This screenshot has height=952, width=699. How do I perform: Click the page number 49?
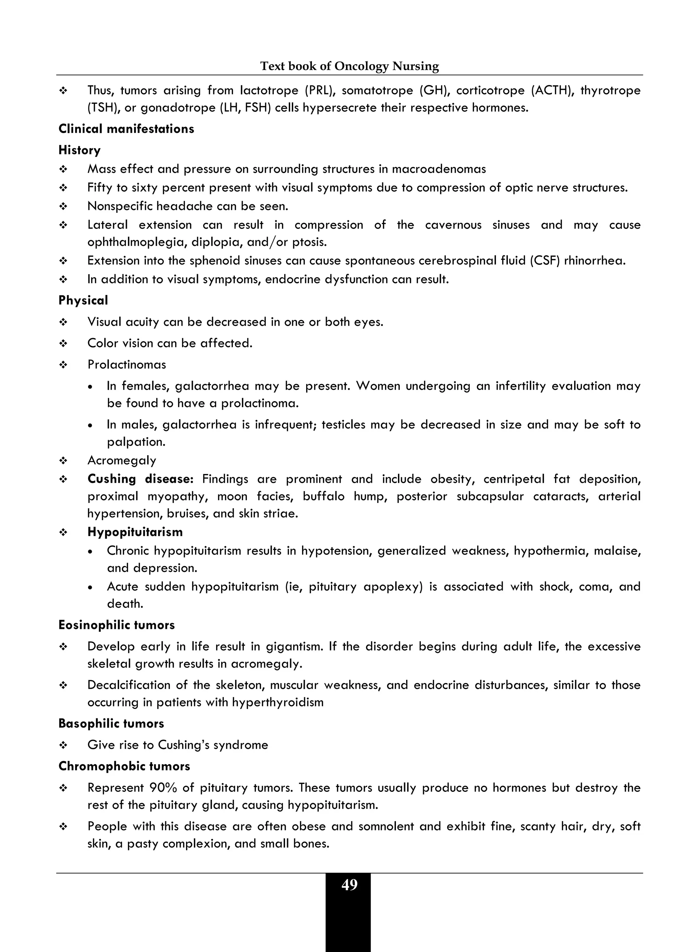click(x=349, y=885)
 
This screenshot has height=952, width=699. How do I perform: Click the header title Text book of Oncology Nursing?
click(x=349, y=66)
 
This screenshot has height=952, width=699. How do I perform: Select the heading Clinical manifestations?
click(x=126, y=129)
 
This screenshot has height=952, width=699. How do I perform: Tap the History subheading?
click(x=80, y=150)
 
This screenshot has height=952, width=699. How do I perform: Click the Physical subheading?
click(x=83, y=300)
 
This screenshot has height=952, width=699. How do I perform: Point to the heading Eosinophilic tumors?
click(x=116, y=625)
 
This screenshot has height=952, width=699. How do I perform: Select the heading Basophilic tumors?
click(x=111, y=724)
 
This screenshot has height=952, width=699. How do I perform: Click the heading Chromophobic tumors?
click(x=124, y=766)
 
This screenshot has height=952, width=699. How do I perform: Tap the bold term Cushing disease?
click(x=140, y=479)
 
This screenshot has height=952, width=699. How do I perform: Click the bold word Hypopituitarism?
click(x=135, y=532)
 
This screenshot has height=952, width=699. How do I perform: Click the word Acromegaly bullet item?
click(x=122, y=460)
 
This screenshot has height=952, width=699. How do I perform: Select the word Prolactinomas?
click(x=127, y=364)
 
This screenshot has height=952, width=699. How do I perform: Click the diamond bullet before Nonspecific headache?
click(x=63, y=207)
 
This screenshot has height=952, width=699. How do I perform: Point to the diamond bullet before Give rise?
click(x=63, y=745)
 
